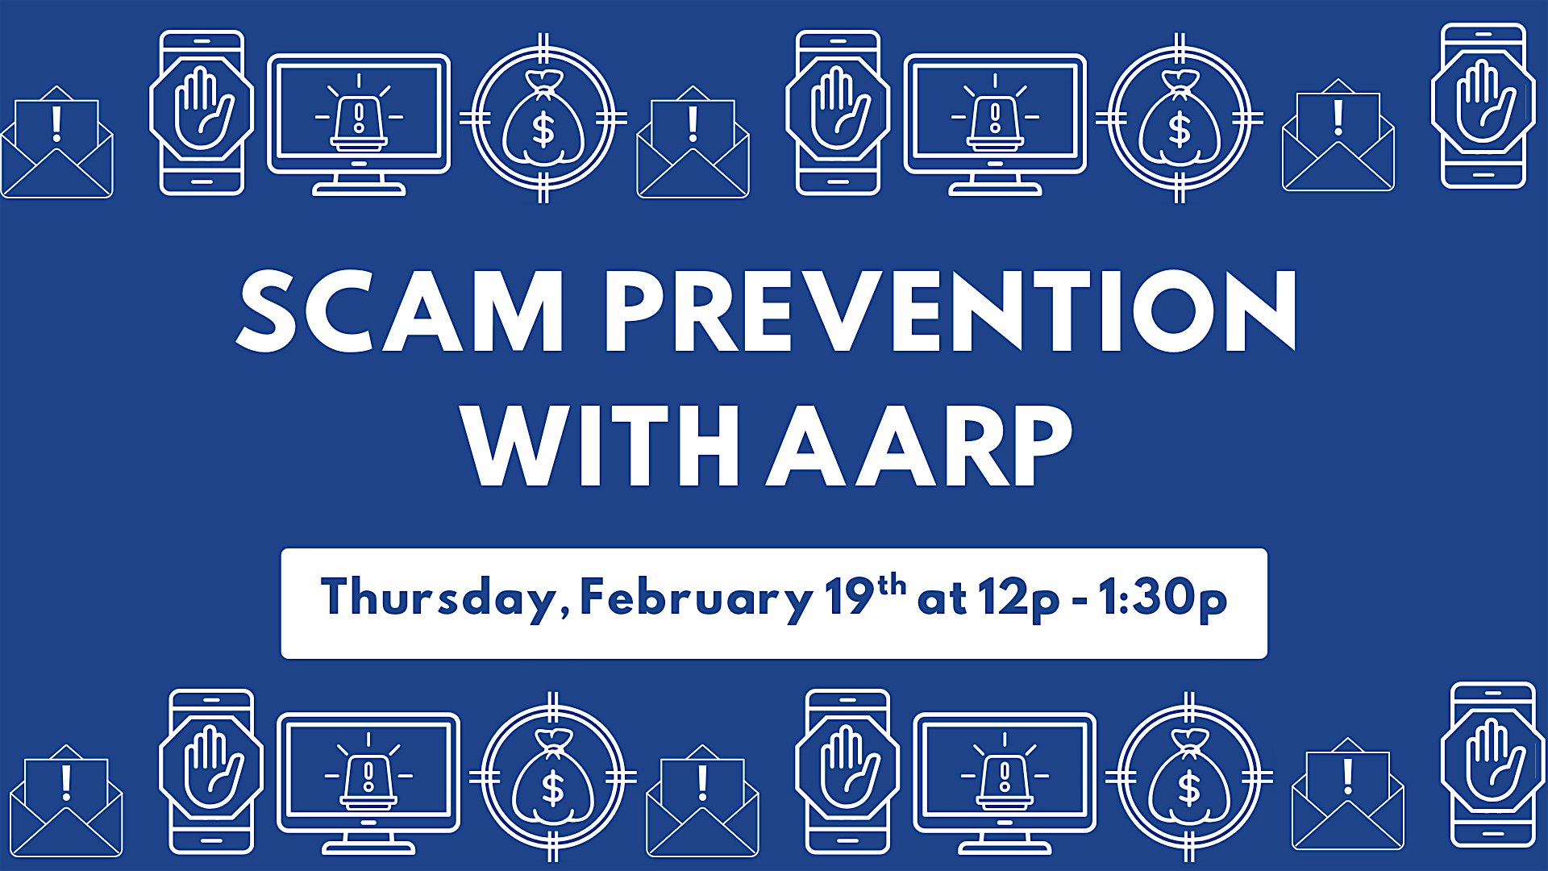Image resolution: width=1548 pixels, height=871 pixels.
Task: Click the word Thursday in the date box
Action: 440,598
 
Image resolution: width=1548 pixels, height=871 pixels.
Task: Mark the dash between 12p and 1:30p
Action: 1080,602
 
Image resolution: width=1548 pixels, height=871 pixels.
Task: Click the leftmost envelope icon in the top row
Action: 56,142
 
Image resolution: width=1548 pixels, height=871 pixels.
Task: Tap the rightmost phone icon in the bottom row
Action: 1493,765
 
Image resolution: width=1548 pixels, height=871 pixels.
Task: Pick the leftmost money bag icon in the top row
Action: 543,119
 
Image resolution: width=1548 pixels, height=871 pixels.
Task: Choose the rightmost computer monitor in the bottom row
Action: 1005,783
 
